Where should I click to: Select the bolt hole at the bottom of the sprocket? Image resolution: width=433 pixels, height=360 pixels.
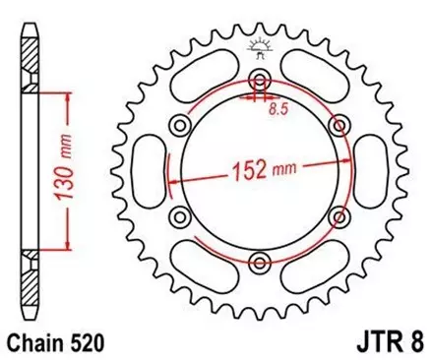[x=260, y=260]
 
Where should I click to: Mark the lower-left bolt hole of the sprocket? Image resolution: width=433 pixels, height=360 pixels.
[x=180, y=214]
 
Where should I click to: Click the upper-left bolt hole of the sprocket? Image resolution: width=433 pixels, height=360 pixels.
[x=180, y=124]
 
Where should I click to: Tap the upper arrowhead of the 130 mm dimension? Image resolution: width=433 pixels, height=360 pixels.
[x=65, y=96]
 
